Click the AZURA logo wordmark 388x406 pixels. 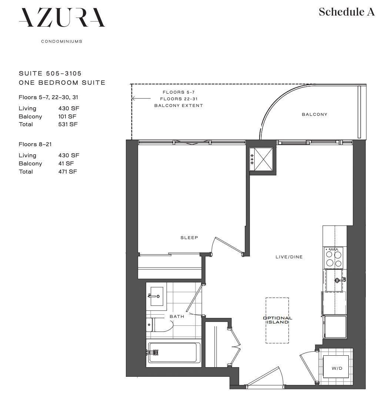pyautogui.click(x=62, y=18)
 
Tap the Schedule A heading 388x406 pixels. pyautogui.click(x=347, y=12)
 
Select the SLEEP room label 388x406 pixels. pyautogui.click(x=189, y=238)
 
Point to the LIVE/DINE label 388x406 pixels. pyautogui.click(x=289, y=257)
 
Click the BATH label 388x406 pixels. pyautogui.click(x=177, y=316)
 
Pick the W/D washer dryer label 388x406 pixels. pyautogui.click(x=337, y=368)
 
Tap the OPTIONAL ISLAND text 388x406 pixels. pyautogui.click(x=277, y=320)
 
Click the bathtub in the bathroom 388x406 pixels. pyautogui.click(x=174, y=352)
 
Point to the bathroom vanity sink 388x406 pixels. pyautogui.click(x=157, y=296)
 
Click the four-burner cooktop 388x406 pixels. pyautogui.click(x=334, y=258)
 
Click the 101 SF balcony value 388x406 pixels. pyautogui.click(x=67, y=117)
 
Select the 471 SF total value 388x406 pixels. pyautogui.click(x=68, y=171)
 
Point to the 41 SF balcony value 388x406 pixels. pyautogui.click(x=66, y=163)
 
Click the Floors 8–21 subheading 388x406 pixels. pyautogui.click(x=35, y=144)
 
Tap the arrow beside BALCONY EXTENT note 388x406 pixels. pyautogui.click(x=141, y=98)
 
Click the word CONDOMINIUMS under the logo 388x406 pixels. pyautogui.click(x=62, y=41)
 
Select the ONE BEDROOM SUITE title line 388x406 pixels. pyautogui.click(x=62, y=83)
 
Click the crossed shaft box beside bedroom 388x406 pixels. pyautogui.click(x=261, y=159)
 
